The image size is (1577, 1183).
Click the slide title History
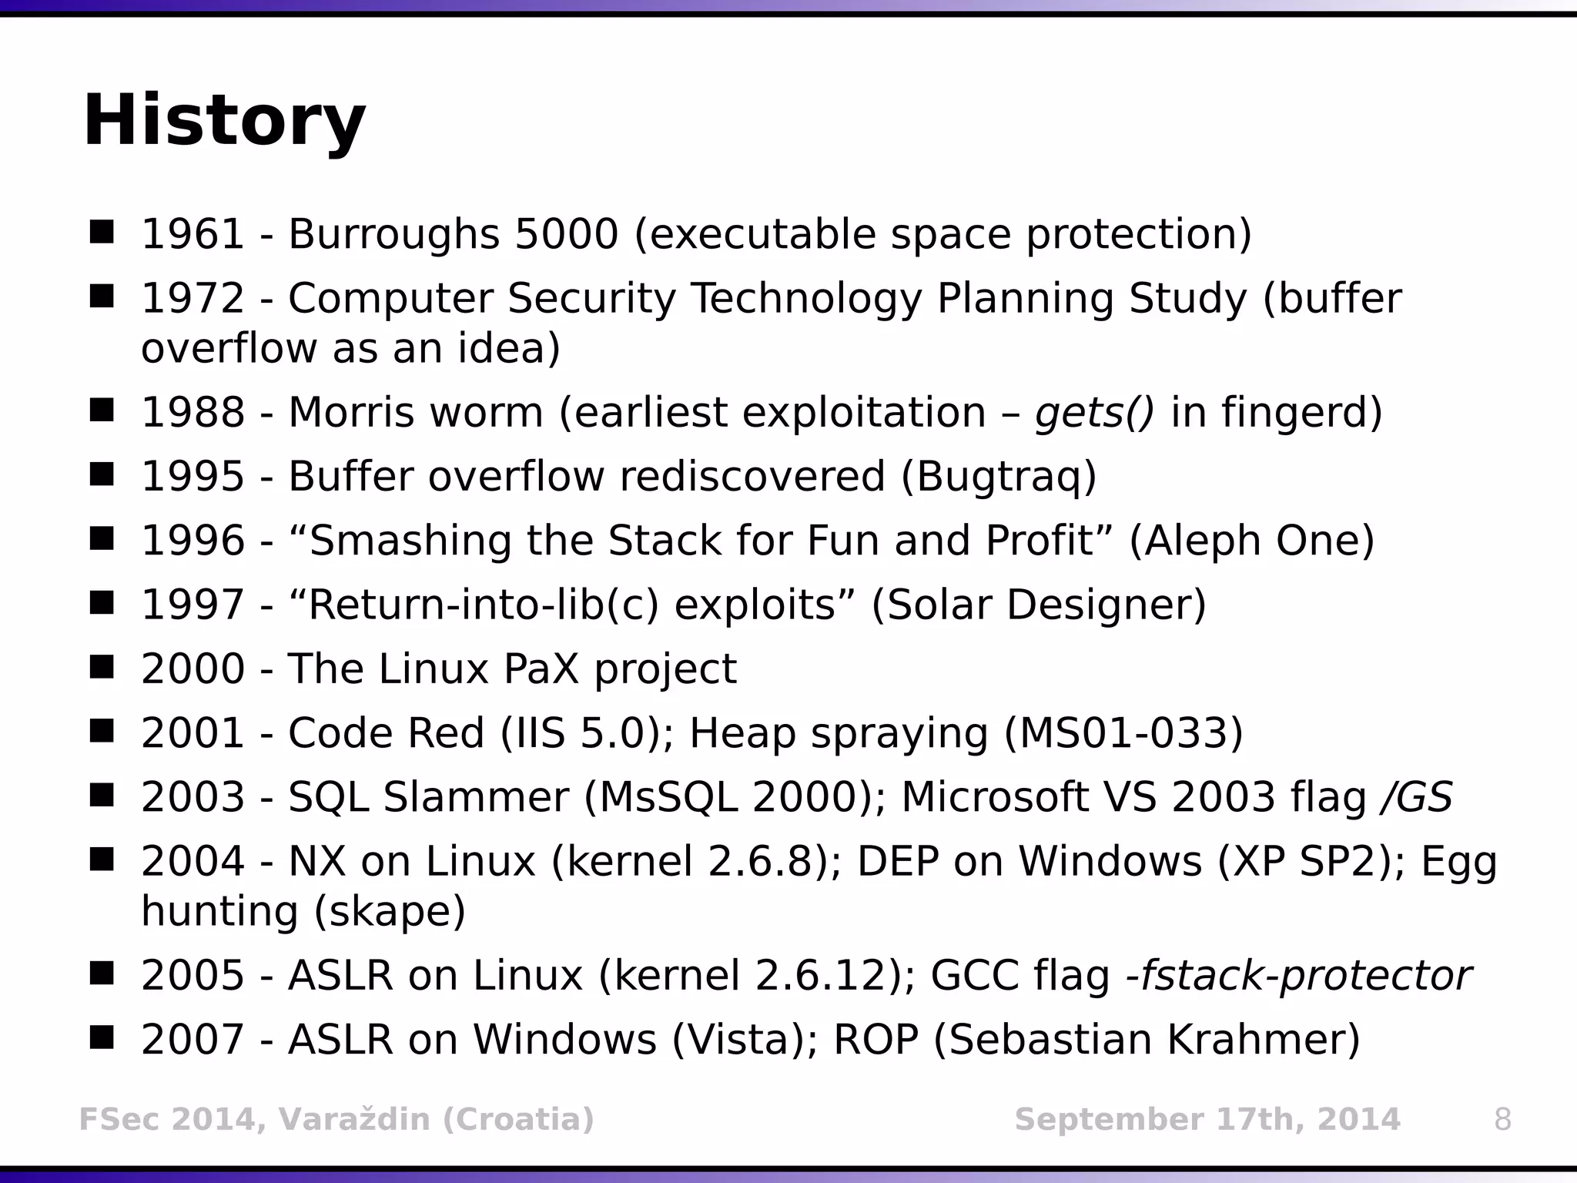[x=223, y=122]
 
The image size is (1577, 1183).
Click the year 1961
[x=193, y=234]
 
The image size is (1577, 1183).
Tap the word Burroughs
[x=393, y=234]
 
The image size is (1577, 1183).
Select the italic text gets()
[x=1094, y=413]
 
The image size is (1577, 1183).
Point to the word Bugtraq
[x=999, y=478]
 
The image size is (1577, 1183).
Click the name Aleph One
[x=1251, y=541]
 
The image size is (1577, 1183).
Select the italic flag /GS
[x=1416, y=797]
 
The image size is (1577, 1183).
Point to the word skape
[x=390, y=912]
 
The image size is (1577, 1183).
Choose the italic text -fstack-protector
[x=1298, y=976]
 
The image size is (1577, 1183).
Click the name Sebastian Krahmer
[x=1147, y=1040]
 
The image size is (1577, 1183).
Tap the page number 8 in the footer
[x=1502, y=1119]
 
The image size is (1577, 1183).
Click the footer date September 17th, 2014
[x=1207, y=1119]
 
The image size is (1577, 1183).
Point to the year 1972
[x=193, y=299]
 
